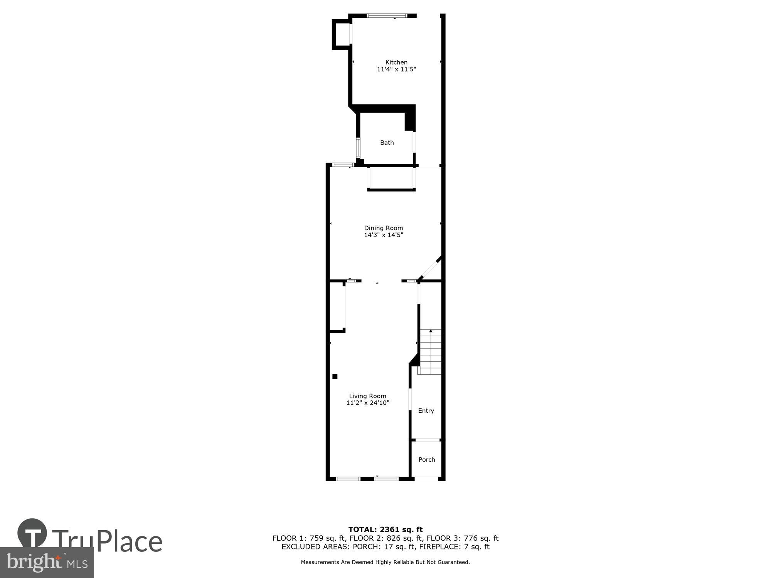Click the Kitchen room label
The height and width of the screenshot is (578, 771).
tap(396, 62)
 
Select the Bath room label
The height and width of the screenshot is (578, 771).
tap(387, 143)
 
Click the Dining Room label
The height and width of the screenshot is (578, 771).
tap(384, 228)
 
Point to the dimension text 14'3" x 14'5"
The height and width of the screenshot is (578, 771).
tap(384, 235)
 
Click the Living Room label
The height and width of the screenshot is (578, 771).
tap(367, 396)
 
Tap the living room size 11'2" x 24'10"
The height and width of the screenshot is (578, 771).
tap(368, 403)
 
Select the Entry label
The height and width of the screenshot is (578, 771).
tap(426, 411)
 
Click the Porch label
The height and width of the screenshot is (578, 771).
tap(427, 460)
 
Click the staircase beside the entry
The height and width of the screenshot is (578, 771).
tap(431, 353)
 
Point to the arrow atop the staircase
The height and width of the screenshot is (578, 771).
tap(431, 331)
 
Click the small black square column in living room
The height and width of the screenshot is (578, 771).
tap(335, 376)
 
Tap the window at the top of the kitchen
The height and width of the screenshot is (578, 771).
tap(386, 16)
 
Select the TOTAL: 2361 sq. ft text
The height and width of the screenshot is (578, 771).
tap(385, 529)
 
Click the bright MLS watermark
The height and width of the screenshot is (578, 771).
tap(46, 563)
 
